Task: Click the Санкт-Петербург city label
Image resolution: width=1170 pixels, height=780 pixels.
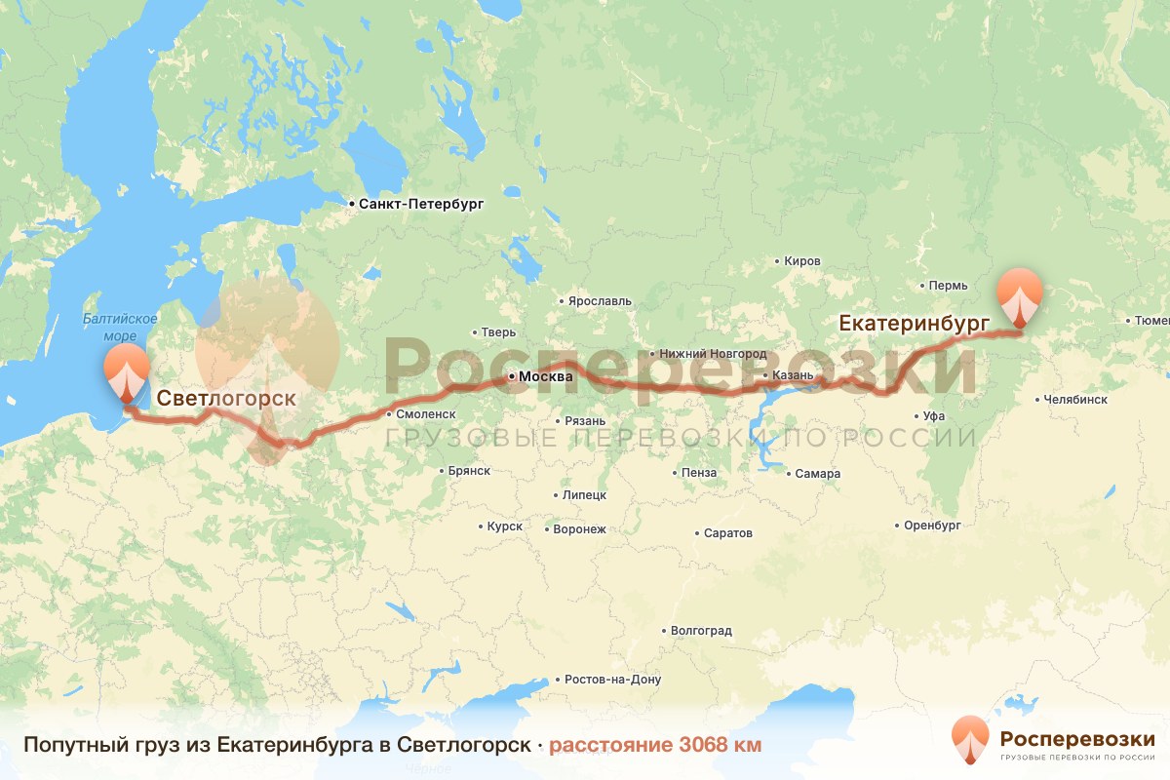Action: click(x=420, y=205)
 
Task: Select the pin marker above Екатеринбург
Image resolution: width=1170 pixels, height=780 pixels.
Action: click(x=1019, y=297)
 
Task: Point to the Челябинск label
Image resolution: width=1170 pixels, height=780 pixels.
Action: click(x=1074, y=399)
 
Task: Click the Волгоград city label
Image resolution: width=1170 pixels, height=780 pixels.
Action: click(x=701, y=631)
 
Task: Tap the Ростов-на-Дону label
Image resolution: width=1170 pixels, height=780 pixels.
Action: click(x=612, y=680)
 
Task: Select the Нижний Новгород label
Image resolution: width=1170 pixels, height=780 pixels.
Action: click(x=713, y=353)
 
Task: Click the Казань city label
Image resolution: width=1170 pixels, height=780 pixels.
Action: click(x=785, y=374)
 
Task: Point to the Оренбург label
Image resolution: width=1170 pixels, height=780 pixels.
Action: click(x=933, y=526)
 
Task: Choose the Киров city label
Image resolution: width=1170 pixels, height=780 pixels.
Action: click(x=802, y=261)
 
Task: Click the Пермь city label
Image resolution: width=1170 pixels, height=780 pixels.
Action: click(x=949, y=286)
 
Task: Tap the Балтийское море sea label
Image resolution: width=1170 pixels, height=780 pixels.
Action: click(x=120, y=327)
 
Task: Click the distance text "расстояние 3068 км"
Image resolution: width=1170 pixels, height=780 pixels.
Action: click(x=655, y=745)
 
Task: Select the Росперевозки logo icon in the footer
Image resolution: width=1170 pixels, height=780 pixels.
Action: click(x=970, y=740)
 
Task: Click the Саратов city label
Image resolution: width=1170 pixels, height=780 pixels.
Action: click(x=727, y=534)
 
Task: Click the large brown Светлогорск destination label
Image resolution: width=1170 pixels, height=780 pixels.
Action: click(x=226, y=398)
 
